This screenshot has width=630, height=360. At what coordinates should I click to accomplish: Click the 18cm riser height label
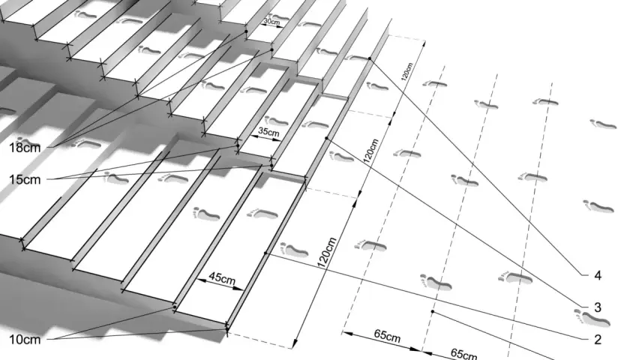coord(25,148)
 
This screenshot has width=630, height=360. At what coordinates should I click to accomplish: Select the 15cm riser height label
coord(25,179)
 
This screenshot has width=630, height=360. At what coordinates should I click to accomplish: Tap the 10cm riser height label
coord(25,340)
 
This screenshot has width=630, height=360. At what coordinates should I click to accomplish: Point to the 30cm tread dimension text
coord(272,21)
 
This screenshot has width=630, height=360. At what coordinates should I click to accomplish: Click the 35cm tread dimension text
coord(268,131)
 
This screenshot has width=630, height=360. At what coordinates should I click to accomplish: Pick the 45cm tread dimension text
coord(222,278)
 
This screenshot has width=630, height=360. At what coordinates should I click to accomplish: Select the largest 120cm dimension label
coord(327,253)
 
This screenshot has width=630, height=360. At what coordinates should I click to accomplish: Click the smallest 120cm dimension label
coord(406,71)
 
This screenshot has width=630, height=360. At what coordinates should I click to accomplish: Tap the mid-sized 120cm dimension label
coord(370,151)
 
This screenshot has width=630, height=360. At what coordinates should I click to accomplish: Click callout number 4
coord(598,276)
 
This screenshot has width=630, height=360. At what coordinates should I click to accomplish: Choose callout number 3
coord(598,307)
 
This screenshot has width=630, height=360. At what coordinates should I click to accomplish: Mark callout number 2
coord(598,340)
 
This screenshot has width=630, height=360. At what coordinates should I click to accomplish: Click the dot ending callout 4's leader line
coord(370,59)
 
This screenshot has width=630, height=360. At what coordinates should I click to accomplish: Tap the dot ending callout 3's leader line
coord(326,139)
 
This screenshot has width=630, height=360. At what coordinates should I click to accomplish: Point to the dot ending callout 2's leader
coord(265,253)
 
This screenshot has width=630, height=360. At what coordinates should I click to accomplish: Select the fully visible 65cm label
coord(387,336)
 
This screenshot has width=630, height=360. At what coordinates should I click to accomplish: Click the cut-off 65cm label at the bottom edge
coord(464,354)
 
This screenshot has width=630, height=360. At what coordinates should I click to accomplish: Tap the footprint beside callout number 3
coord(592,317)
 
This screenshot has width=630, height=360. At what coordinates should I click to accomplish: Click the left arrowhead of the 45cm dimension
coord(201,280)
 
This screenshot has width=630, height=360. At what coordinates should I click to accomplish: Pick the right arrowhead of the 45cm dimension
coord(239,288)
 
